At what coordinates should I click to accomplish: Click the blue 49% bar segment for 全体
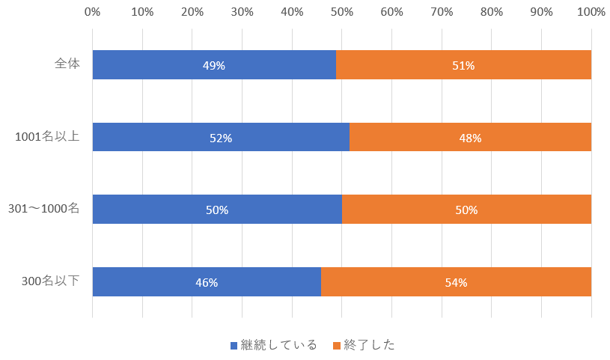click(x=214, y=65)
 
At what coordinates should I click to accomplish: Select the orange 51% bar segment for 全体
click(x=463, y=65)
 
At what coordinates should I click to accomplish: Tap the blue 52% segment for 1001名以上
click(x=221, y=138)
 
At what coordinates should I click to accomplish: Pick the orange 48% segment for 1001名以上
click(x=470, y=138)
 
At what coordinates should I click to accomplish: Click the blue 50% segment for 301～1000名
click(x=217, y=210)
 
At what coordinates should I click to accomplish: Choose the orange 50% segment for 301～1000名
click(x=466, y=210)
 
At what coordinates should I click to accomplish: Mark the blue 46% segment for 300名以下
click(x=207, y=282)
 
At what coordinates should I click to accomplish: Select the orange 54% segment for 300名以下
click(x=456, y=282)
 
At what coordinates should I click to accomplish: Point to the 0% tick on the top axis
click(x=92, y=12)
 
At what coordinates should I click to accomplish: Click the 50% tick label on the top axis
click(x=342, y=12)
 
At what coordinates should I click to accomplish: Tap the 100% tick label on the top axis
click(x=591, y=12)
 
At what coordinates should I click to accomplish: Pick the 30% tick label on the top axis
click(x=242, y=12)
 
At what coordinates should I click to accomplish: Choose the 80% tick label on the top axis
click(x=492, y=12)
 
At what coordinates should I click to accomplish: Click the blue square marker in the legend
click(x=234, y=346)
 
